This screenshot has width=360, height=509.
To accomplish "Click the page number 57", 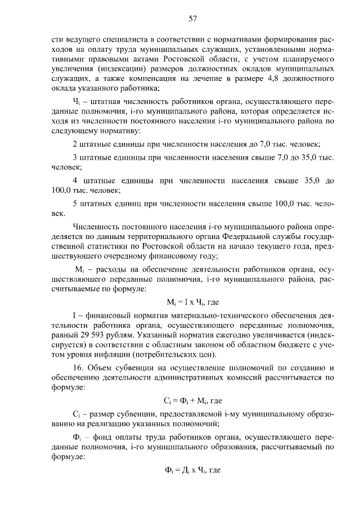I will tap(192, 19).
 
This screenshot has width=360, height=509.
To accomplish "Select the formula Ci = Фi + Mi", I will tap(193, 401).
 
